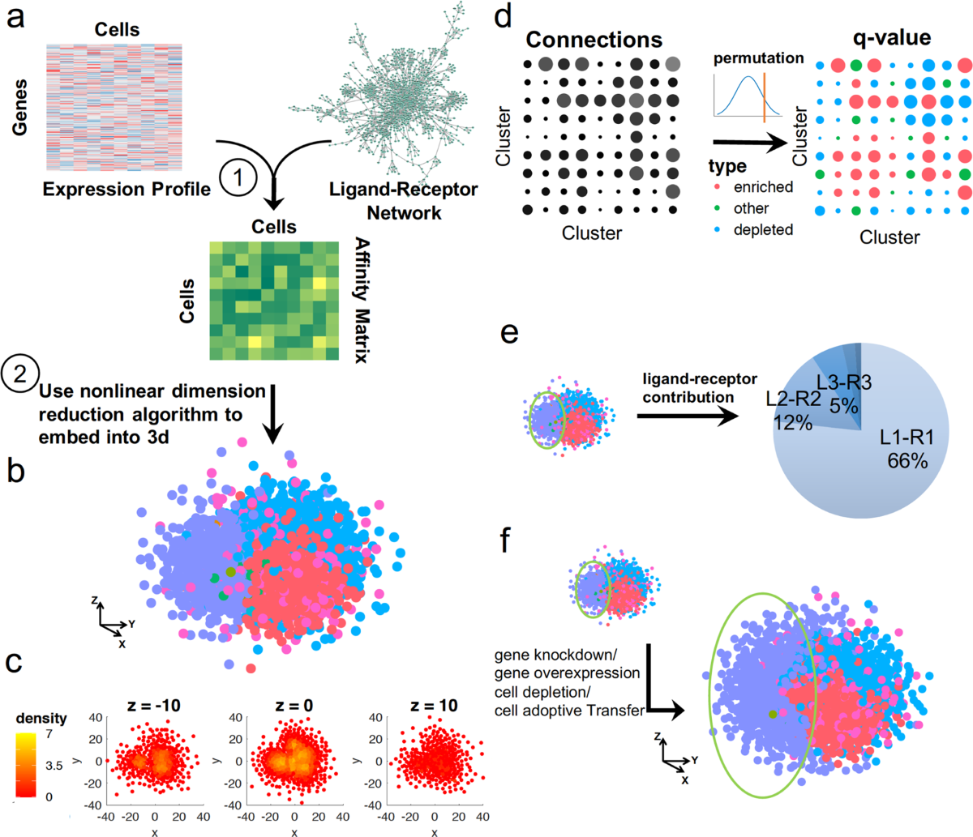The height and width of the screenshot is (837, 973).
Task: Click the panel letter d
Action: (x=503, y=18)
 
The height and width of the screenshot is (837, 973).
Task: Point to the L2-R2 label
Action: (x=793, y=399)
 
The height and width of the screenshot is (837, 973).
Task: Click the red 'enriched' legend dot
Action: (x=718, y=187)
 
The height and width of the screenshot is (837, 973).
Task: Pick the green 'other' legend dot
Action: (x=718, y=208)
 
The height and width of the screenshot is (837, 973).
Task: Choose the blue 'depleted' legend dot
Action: (x=718, y=229)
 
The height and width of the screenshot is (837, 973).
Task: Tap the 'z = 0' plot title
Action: (x=294, y=706)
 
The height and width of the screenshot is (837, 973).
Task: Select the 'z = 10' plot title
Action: (x=435, y=706)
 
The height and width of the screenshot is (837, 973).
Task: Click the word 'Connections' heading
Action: (x=594, y=40)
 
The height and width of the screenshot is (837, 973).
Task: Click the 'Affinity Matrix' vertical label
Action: (x=361, y=300)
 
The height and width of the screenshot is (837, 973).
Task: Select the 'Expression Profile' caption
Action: (x=126, y=189)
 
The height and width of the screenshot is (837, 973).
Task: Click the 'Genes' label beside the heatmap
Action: (x=19, y=106)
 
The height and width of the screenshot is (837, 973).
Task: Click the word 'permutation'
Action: (x=758, y=58)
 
